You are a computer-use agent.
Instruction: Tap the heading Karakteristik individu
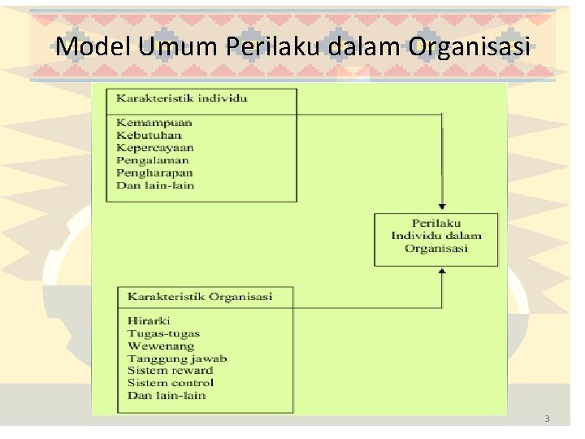[181, 99]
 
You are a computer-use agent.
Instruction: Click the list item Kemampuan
[154, 123]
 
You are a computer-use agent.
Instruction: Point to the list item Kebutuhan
[149, 136]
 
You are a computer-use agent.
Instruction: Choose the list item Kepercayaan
[155, 148]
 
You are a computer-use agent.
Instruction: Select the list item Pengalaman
[153, 161]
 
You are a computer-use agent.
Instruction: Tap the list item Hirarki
[149, 321]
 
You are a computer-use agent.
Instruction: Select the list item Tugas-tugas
[163, 333]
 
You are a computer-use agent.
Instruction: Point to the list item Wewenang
[161, 346]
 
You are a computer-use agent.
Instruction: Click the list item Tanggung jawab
[177, 359]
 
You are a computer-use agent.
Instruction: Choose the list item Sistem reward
[171, 371]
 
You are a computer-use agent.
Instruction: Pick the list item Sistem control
[171, 383]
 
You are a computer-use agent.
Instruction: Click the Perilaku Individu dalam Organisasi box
[436, 236]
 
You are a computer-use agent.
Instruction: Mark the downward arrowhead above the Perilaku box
[442, 206]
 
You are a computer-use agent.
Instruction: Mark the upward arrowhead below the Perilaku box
[442, 273]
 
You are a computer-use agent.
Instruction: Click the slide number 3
[547, 419]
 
